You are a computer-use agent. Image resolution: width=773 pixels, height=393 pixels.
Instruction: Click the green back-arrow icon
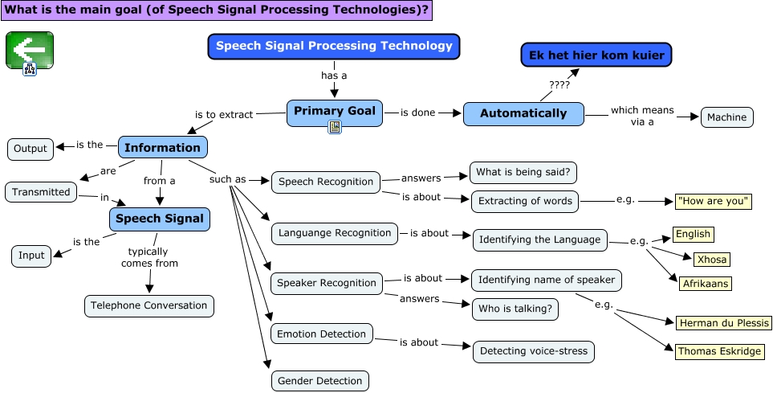point(29,51)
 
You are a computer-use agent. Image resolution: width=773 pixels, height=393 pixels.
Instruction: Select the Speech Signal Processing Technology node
point(334,46)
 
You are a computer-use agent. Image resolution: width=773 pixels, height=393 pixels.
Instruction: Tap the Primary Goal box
point(335,112)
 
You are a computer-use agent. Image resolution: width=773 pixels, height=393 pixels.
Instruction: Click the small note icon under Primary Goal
point(335,128)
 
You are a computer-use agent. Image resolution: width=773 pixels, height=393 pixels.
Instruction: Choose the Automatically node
point(523,113)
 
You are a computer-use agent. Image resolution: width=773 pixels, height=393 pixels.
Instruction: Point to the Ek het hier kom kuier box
point(596,55)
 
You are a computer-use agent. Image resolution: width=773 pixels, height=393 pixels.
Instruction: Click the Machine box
point(727,117)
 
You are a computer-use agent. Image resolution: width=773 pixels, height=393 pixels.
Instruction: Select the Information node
point(163,147)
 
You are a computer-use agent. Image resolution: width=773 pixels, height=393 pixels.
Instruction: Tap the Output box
point(31,149)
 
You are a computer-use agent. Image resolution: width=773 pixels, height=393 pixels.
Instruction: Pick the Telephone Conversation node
point(149,305)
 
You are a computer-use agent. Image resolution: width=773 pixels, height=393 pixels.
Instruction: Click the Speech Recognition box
point(326,182)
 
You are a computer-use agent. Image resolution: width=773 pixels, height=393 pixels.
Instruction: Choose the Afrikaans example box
point(706,283)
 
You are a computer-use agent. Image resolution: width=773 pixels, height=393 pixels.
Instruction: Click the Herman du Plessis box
point(724,323)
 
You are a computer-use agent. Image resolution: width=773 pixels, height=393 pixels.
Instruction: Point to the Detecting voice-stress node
point(534,351)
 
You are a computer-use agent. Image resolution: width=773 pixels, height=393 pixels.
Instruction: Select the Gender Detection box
point(319,380)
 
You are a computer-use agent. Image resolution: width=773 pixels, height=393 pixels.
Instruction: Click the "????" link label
point(559,84)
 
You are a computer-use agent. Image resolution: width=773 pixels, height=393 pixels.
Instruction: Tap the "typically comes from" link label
point(149,257)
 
